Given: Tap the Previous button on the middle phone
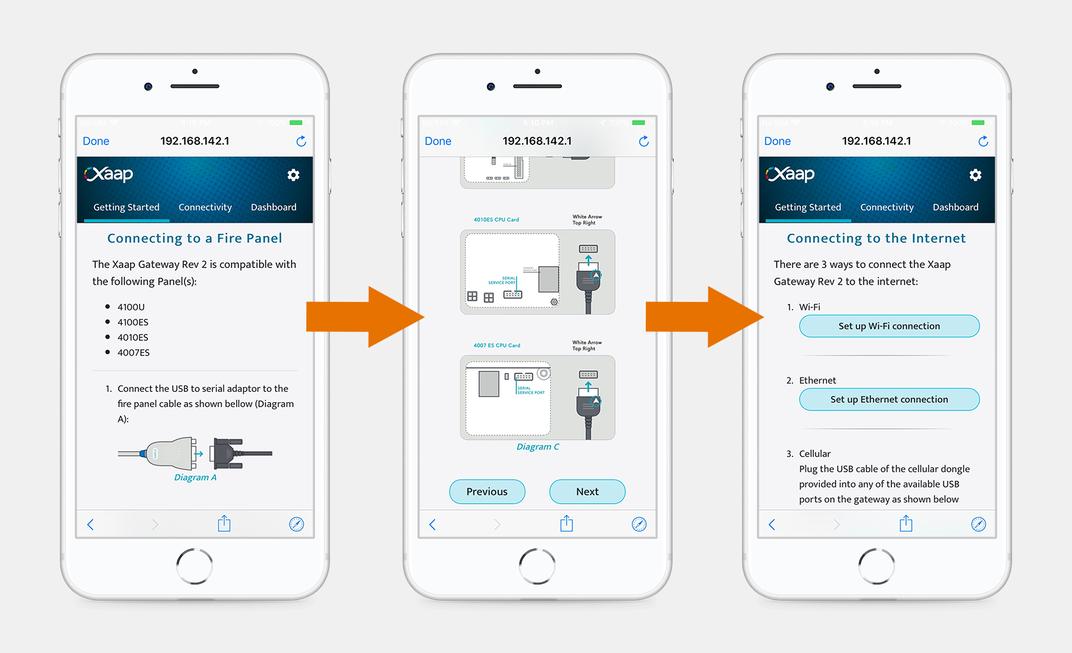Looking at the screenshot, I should click(x=487, y=492).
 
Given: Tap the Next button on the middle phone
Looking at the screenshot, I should click(x=587, y=492).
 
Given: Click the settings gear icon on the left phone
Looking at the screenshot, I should click(x=293, y=175).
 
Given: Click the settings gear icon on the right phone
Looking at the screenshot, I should click(x=975, y=175).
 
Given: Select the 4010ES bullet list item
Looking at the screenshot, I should click(x=133, y=337).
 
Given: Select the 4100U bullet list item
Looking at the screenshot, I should click(x=131, y=307).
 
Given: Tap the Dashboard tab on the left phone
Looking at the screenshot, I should click(x=273, y=207).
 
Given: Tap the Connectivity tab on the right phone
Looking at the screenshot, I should click(x=886, y=207).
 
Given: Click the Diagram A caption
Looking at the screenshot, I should click(x=195, y=477).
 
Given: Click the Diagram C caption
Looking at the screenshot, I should click(x=537, y=447).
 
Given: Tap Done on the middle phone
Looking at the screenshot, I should click(x=438, y=141).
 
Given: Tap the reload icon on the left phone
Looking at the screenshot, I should click(x=301, y=141).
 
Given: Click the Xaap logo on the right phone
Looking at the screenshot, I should click(x=790, y=174).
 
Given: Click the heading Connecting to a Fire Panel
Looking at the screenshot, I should click(x=195, y=238).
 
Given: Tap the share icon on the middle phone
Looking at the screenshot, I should click(x=567, y=524).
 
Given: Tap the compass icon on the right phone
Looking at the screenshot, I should click(x=978, y=524).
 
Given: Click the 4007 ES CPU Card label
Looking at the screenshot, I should click(x=496, y=345).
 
